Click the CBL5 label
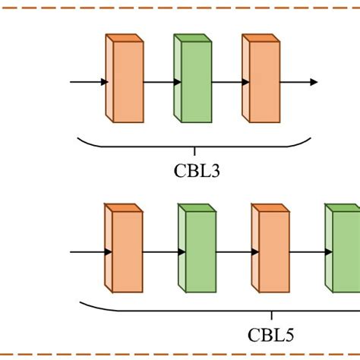[x=271, y=334]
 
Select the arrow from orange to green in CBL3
[x=159, y=81]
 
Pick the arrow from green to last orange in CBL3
[x=226, y=81]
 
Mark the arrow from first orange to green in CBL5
[x=160, y=251]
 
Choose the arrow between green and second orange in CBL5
[x=234, y=251]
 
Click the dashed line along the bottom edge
[x=180, y=354]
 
